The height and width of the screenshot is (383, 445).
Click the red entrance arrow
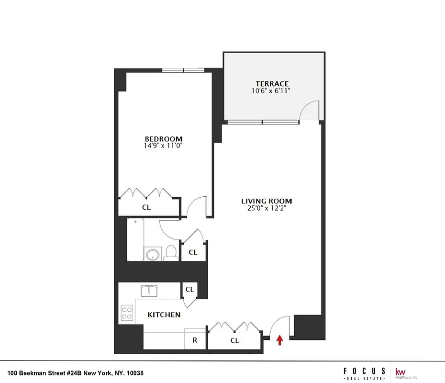coord(280,340)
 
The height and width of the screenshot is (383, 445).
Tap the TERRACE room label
coord(272,84)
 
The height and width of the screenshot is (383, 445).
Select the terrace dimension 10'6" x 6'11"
coord(272,90)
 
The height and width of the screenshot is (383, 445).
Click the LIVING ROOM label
coord(267,201)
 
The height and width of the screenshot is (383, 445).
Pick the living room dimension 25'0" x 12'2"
coord(267,208)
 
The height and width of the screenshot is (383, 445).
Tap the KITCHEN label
coord(164,315)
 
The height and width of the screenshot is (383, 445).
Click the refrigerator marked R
coord(195,340)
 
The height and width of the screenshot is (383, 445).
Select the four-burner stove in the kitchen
coord(127,313)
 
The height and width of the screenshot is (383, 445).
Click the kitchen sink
coord(150,291)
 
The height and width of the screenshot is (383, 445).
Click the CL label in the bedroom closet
coord(146,207)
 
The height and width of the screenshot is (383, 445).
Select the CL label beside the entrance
coord(234,340)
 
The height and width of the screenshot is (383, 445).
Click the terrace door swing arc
coord(309,109)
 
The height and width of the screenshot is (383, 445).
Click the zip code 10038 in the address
coord(134,373)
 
